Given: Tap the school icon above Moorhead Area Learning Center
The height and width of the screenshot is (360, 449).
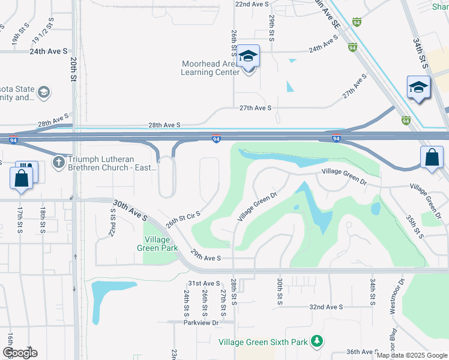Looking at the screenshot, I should (248, 56).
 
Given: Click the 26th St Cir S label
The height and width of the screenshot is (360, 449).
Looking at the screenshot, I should (183, 218).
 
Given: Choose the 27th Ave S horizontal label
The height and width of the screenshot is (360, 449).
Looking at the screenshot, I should (256, 108).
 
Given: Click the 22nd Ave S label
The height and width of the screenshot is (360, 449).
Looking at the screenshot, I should (252, 4).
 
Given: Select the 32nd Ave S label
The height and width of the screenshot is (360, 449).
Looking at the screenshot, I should (326, 307).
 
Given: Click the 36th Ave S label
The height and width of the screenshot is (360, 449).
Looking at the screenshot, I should (362, 352).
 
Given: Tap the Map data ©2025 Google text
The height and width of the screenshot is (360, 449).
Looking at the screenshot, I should (411, 355).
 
